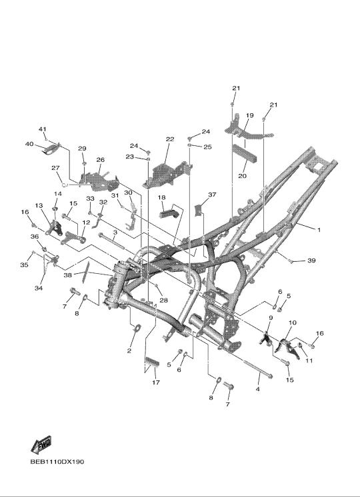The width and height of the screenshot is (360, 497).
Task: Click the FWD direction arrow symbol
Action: click(41, 444)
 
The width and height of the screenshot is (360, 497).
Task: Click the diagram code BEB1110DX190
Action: click(57, 462)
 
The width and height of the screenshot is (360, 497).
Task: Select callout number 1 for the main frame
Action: click(319, 230)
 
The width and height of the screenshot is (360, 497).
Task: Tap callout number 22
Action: click(170, 139)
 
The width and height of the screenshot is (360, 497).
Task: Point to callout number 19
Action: click(249, 115)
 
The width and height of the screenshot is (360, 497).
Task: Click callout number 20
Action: click(242, 176)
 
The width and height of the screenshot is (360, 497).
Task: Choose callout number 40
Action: click(29, 144)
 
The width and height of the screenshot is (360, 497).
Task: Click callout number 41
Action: click(43, 129)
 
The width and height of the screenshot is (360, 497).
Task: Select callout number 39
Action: click(311, 260)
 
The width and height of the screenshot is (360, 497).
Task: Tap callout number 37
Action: click(212, 195)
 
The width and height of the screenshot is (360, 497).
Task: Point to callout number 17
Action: click(156, 382)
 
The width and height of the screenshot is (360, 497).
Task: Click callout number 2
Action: click(129, 350)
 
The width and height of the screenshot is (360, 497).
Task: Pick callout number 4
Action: click(258, 388)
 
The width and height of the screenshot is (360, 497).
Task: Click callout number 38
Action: click(67, 275)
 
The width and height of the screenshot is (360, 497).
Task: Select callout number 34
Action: click(39, 288)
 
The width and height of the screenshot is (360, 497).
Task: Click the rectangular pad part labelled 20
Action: click(245, 153)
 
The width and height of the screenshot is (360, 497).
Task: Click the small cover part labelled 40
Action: click(51, 149)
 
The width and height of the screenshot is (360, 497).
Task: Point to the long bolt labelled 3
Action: click(112, 241)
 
